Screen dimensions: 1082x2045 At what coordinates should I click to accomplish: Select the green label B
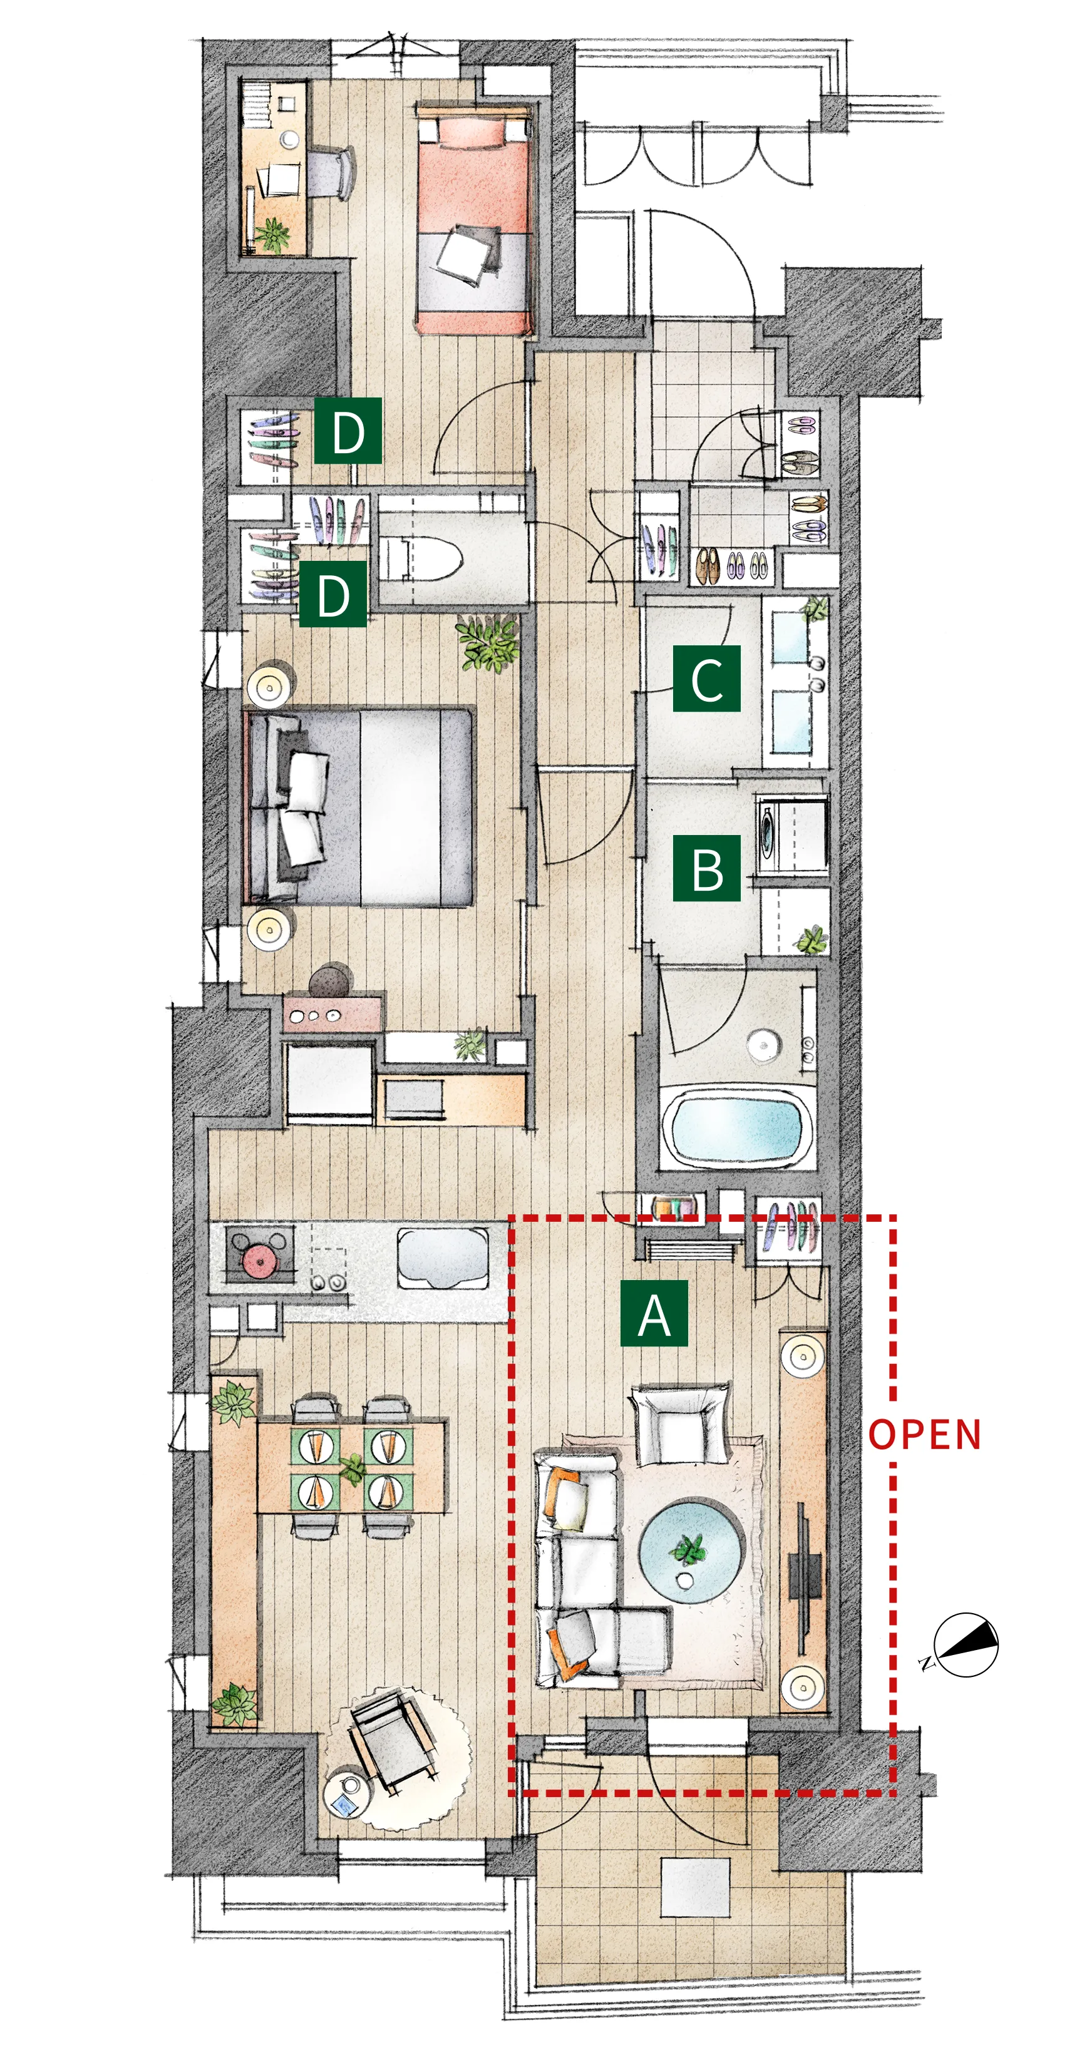coord(706,868)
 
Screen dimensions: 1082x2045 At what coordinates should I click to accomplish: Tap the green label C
coord(706,678)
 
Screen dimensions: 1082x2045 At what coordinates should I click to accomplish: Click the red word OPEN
coord(925,1435)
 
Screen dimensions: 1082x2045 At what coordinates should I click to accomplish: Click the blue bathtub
coord(736,1128)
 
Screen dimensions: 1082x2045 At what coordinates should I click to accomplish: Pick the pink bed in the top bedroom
coord(474,218)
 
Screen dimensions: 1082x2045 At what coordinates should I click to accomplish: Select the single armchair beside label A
coord(680,1423)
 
